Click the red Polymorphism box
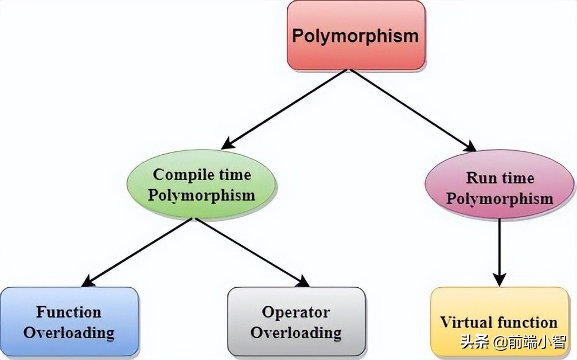point(356,36)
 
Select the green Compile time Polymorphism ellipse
point(201,184)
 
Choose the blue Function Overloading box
point(69,322)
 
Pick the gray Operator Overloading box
point(296,322)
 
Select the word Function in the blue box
point(69,312)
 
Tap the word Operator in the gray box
point(296,312)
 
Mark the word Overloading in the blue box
point(69,332)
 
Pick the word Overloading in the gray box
point(296,332)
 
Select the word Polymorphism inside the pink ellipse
point(500,199)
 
